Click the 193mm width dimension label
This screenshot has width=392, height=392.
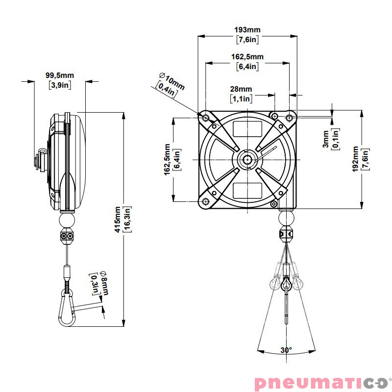point(247,30)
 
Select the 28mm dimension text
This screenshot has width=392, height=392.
point(241,89)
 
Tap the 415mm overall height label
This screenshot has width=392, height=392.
point(117,219)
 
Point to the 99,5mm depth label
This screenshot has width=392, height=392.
point(59,75)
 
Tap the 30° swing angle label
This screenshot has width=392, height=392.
point(286,350)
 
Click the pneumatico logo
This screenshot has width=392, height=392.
point(321,381)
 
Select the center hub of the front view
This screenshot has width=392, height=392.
point(247,159)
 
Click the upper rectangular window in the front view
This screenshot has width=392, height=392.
point(247,129)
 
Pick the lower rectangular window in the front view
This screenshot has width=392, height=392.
point(247,190)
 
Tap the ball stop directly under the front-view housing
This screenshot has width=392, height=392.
point(287,216)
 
